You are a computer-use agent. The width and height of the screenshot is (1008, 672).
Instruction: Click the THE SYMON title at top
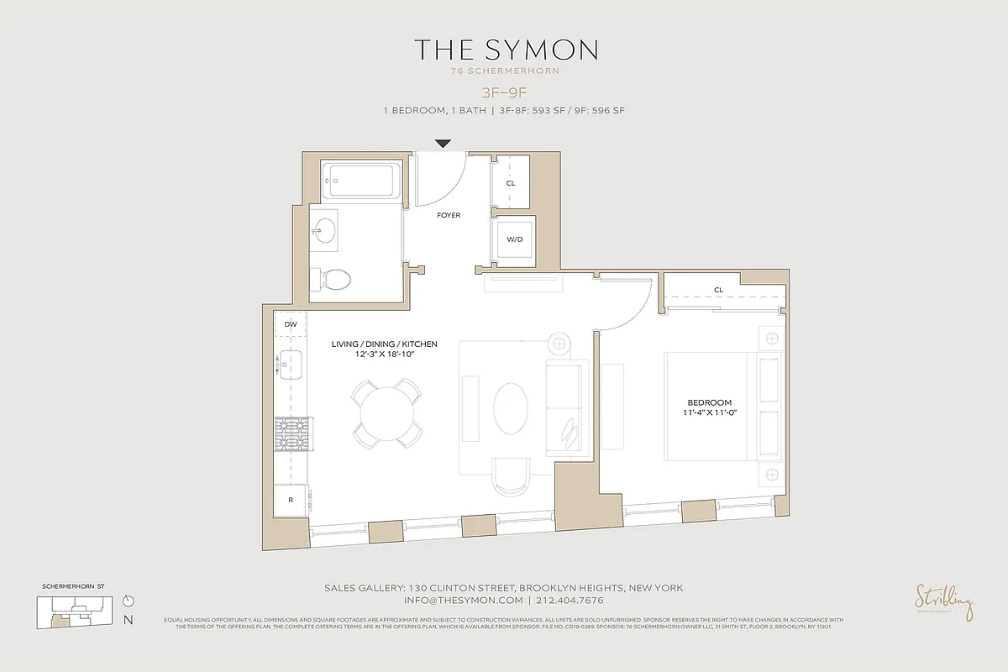505,50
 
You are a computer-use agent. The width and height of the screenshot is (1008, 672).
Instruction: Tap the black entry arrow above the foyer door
443,144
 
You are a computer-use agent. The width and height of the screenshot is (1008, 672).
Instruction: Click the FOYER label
449,216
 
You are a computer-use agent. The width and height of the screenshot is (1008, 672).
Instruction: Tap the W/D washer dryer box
514,239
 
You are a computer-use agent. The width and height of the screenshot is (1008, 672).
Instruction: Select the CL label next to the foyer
511,182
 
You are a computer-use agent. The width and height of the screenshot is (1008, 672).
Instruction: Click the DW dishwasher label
291,324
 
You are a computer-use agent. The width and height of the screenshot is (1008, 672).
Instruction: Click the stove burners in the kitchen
291,437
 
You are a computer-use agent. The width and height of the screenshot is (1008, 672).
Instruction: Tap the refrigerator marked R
291,499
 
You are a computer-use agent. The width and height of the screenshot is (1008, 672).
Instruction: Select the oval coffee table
511,409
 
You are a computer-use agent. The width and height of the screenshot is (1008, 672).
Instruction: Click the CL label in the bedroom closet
718,290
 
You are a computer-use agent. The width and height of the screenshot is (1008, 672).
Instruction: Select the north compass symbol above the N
128,601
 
